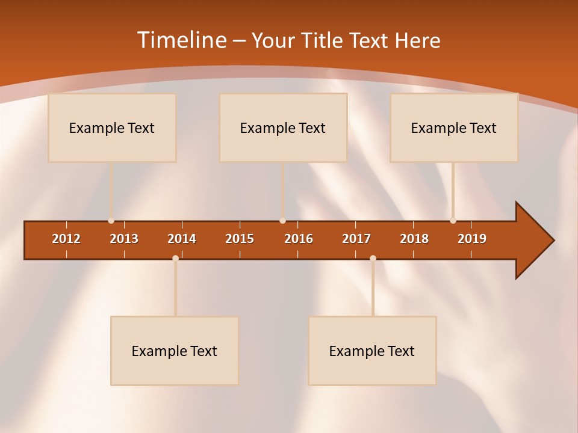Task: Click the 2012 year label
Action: pos(66,239)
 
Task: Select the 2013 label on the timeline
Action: pos(124,239)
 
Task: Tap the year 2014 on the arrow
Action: pos(182,239)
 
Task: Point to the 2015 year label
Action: pos(240,239)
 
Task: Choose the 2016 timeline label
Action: pos(299,239)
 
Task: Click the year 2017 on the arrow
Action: pos(356,239)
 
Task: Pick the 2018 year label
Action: pos(414,239)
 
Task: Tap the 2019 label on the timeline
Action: pos(472,239)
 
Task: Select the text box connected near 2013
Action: pos(112,127)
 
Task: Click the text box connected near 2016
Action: pos(283,127)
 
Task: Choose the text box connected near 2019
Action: pos(454,127)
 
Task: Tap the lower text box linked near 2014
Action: pos(175,351)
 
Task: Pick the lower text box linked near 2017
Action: pos(372,351)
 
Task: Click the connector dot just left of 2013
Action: pos(111,221)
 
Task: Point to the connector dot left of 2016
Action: pos(282,221)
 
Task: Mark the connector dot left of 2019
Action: pos(453,221)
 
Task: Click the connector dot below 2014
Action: pos(175,259)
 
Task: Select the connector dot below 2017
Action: pos(373,259)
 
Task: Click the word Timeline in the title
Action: pos(181,40)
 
